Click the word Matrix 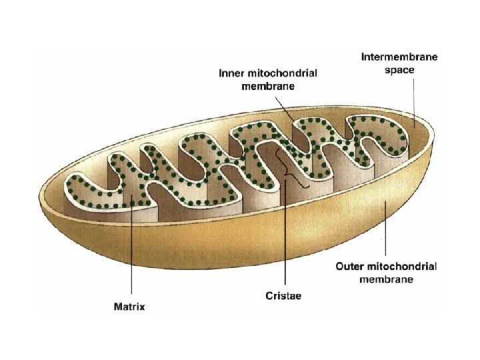coord(128,307)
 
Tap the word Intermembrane coord(399,57)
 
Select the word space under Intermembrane coord(399,69)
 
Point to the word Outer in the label coord(349,267)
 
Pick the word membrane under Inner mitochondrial coord(269,86)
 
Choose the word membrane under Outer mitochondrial coord(386,279)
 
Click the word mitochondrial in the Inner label coord(280,73)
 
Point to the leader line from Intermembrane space coord(414,100)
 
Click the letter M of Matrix coord(115,307)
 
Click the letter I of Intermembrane coord(363,57)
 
